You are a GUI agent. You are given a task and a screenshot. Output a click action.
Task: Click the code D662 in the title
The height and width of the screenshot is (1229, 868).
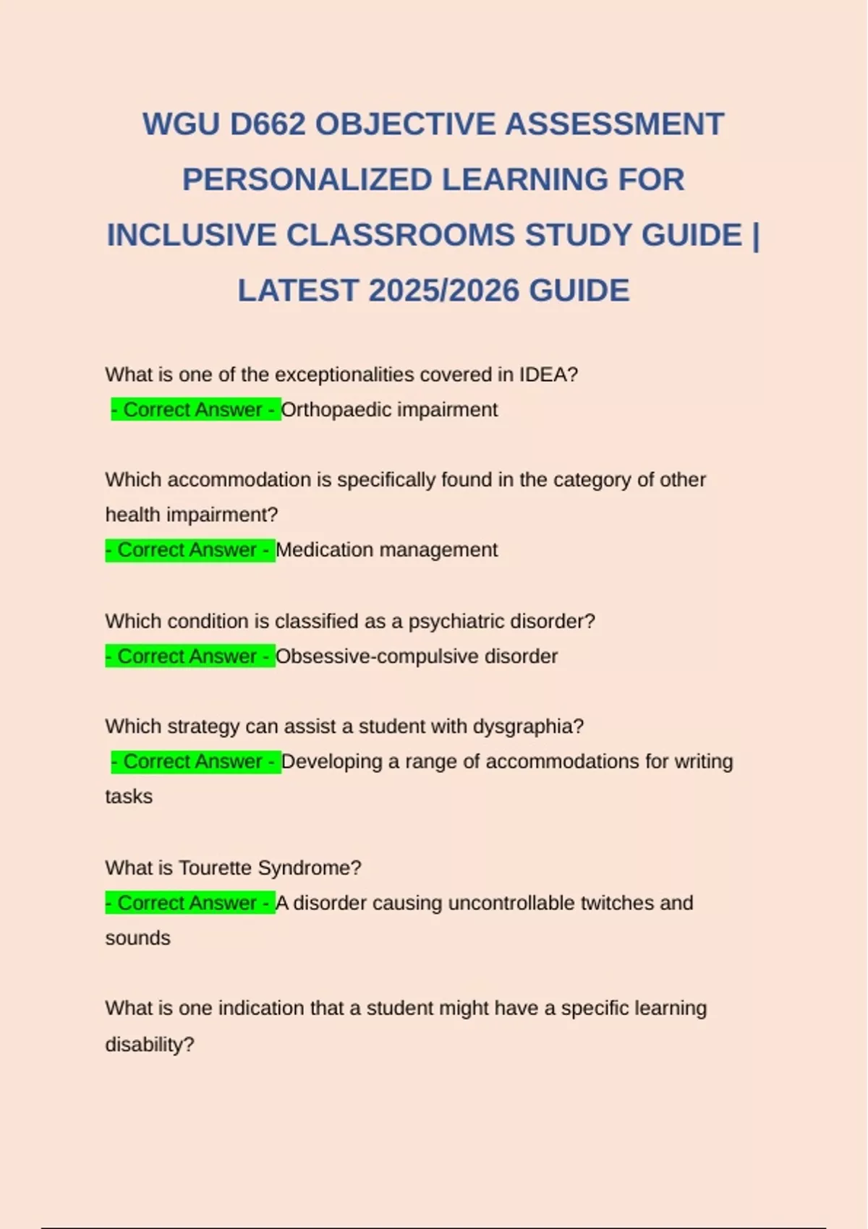[268, 124]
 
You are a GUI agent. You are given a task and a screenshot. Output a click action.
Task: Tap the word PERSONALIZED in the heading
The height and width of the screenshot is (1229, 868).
[307, 180]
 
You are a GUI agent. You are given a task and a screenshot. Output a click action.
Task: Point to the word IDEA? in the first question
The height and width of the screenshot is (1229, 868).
[548, 374]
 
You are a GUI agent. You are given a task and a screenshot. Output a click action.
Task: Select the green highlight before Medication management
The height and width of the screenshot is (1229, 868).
[190, 550]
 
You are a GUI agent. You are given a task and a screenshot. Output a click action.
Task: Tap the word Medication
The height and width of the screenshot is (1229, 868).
[323, 550]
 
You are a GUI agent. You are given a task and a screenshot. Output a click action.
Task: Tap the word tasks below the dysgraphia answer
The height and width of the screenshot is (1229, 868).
[129, 797]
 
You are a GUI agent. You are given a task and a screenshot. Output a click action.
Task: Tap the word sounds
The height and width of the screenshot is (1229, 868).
[137, 938]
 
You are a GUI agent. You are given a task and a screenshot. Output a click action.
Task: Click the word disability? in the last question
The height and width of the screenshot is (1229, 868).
[150, 1045]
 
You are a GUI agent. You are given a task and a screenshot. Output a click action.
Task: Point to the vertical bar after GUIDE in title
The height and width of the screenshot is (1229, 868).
[756, 236]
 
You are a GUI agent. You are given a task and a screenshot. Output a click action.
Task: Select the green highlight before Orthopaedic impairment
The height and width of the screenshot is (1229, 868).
[196, 410]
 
